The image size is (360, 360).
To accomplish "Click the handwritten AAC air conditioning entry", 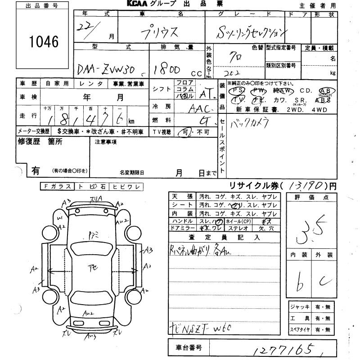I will point(201,109).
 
